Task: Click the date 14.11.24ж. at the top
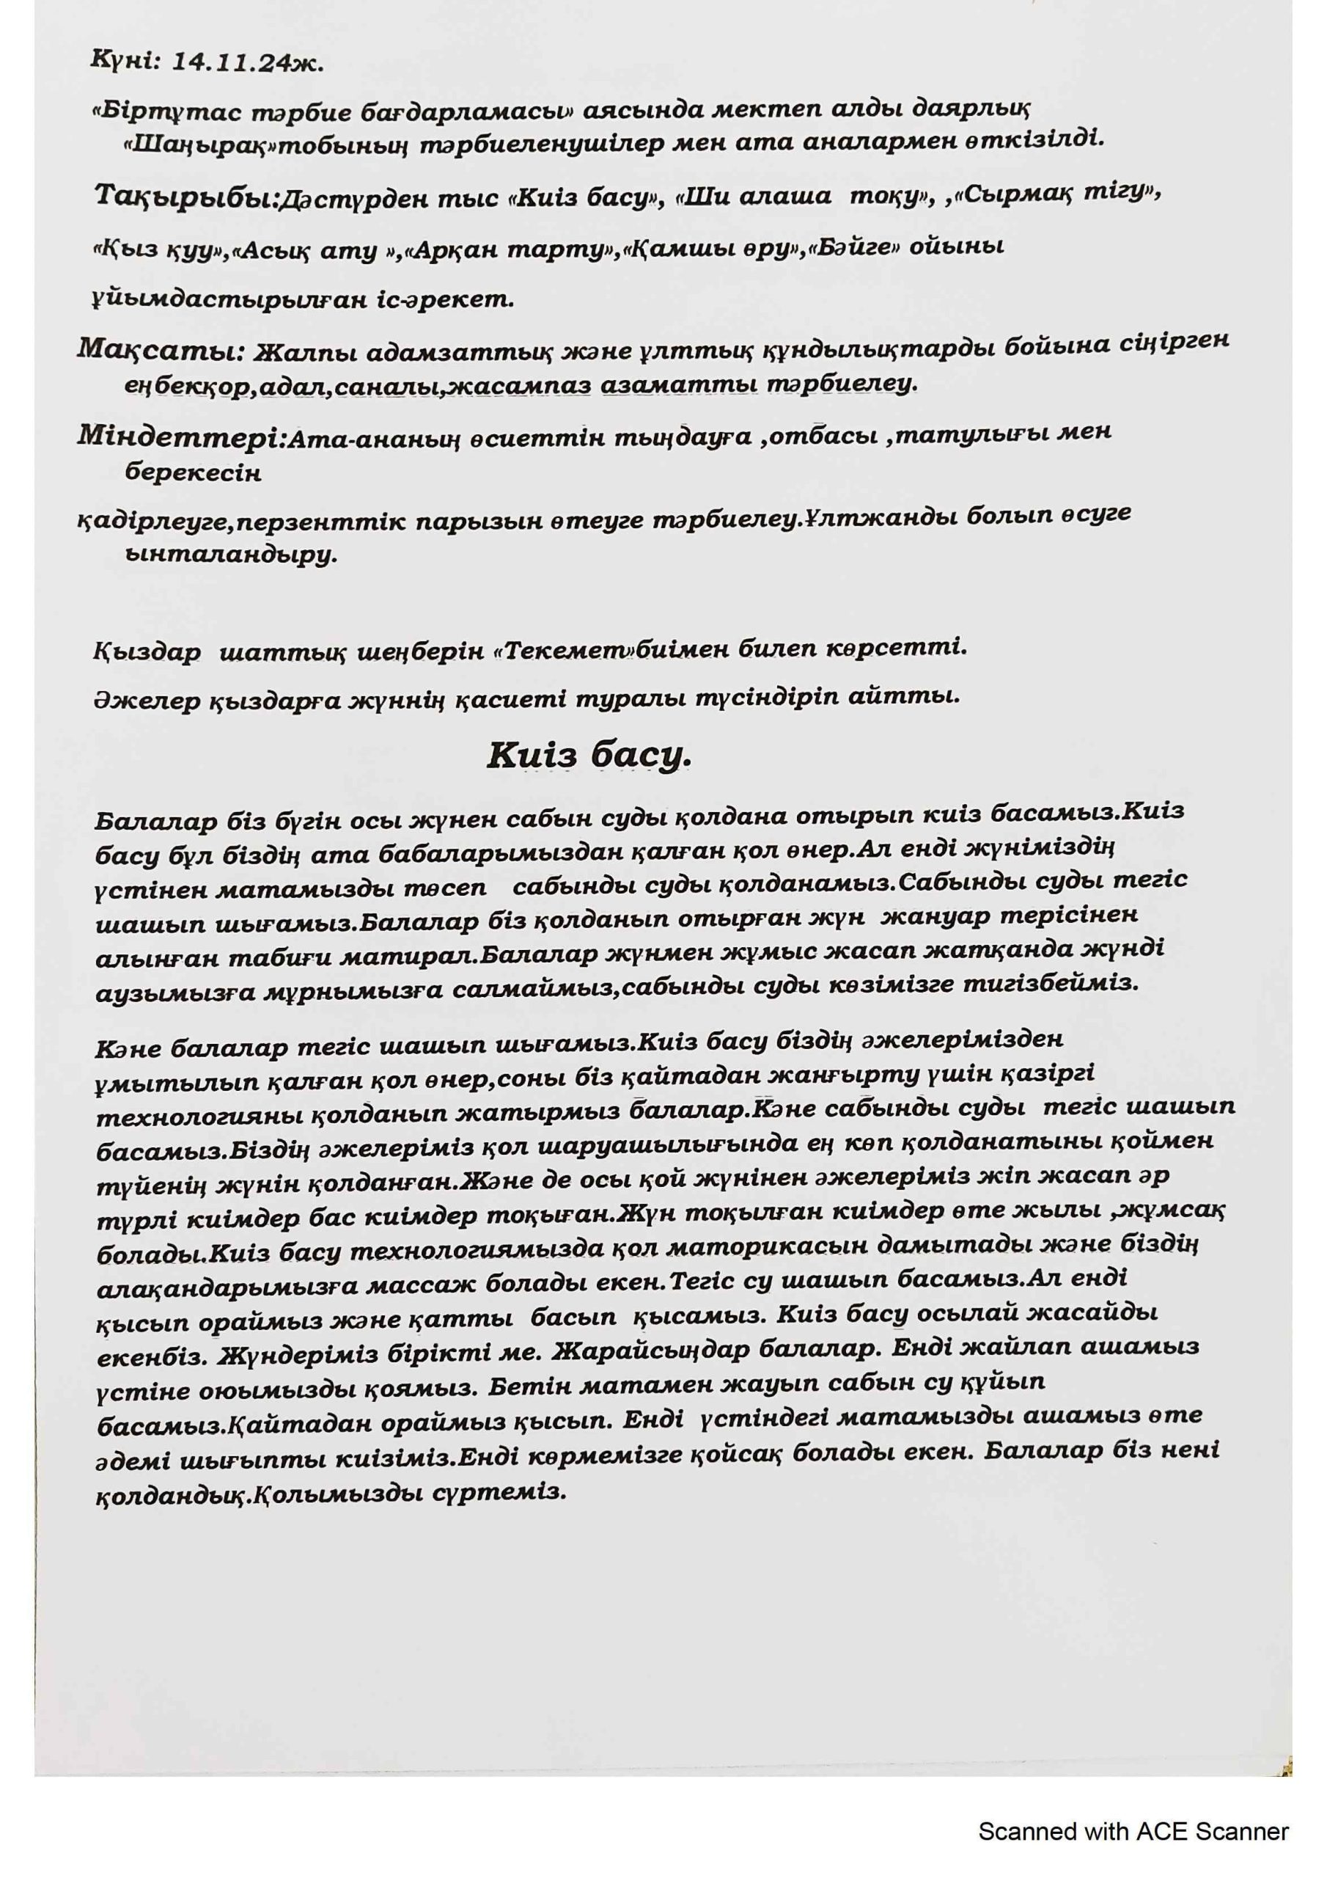(x=247, y=65)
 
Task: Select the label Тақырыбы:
(x=187, y=197)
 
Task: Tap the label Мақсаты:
(x=161, y=349)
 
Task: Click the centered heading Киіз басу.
(x=589, y=755)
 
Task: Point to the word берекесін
(x=193, y=474)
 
